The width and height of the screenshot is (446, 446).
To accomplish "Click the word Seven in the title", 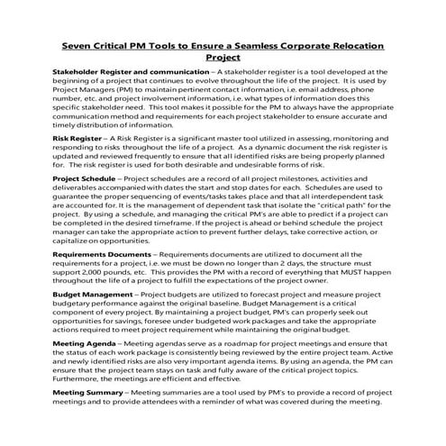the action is coord(78,45).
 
